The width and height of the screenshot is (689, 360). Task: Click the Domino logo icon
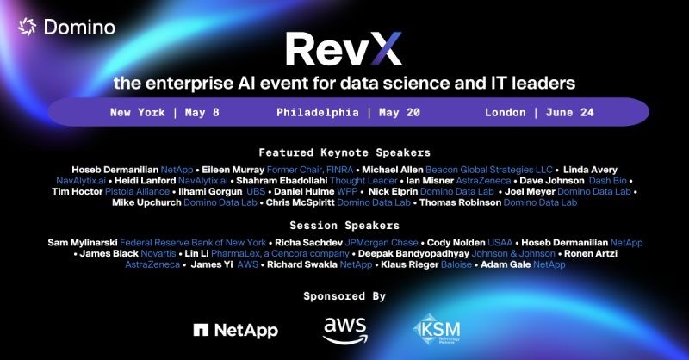[x=27, y=27]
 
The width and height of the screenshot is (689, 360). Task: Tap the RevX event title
[x=344, y=49]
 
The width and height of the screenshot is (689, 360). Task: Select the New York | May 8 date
[x=164, y=113]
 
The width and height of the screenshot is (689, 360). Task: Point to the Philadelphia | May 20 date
[x=349, y=113]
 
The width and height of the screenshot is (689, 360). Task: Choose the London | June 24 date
[x=539, y=113]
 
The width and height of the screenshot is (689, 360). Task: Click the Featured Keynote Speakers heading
[x=344, y=152]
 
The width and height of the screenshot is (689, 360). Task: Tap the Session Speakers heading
[x=344, y=226]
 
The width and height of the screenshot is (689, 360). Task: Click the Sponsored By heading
[x=344, y=296]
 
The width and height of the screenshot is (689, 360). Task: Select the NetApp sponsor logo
[x=235, y=331]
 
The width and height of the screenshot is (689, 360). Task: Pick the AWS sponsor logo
[x=345, y=331]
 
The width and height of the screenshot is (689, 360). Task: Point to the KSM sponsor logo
[x=437, y=329]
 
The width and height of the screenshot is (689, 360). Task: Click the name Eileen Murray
[x=233, y=170]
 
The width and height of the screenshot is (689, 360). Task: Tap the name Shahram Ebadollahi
[x=282, y=181]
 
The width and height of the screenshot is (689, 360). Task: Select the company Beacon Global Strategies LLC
[x=488, y=170]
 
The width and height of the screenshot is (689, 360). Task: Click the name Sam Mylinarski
[x=83, y=243]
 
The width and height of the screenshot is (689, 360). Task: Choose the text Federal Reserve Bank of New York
[x=193, y=243]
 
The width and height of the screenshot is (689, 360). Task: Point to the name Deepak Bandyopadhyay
[x=413, y=253]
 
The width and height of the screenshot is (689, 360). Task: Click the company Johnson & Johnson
[x=513, y=253]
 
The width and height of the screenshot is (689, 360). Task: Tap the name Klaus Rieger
[x=410, y=264]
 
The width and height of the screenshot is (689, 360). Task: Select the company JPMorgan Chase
[x=382, y=243]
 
